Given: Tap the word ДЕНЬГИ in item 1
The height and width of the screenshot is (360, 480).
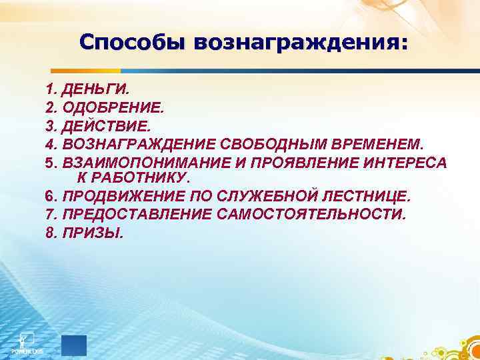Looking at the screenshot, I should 93,89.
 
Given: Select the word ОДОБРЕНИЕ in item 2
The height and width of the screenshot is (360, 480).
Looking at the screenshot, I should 113,107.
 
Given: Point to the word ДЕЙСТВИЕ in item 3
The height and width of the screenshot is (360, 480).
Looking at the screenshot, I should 107,125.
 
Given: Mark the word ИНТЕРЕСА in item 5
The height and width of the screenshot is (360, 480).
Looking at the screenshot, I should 409,162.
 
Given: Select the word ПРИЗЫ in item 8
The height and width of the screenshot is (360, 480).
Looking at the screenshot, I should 93,233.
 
